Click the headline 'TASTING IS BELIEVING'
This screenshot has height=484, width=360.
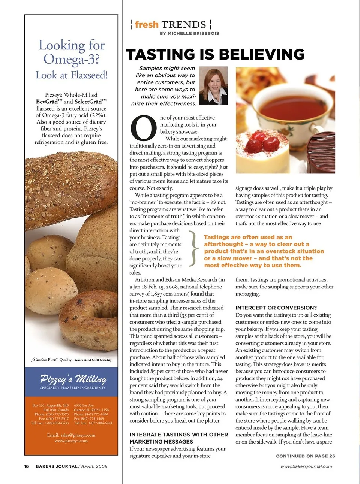pos(215,55)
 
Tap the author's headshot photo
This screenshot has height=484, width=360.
pos(213,85)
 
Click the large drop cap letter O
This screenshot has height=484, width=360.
pos(143,128)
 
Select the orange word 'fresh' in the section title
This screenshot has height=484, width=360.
pos(147,25)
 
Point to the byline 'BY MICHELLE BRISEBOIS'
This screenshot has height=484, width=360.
pos(189,33)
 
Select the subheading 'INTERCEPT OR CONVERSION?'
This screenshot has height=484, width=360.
pos(276,308)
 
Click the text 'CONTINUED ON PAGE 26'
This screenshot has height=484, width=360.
pos(305,456)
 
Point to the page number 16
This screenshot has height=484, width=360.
pos(26,466)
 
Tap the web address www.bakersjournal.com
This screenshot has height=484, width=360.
pos(306,466)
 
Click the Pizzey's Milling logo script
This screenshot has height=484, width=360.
pos(73,379)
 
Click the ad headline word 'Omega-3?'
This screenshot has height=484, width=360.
pos(71,59)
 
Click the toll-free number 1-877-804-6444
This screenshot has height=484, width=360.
pos(98,423)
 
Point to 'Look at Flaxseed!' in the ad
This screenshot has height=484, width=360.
pos(71,75)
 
